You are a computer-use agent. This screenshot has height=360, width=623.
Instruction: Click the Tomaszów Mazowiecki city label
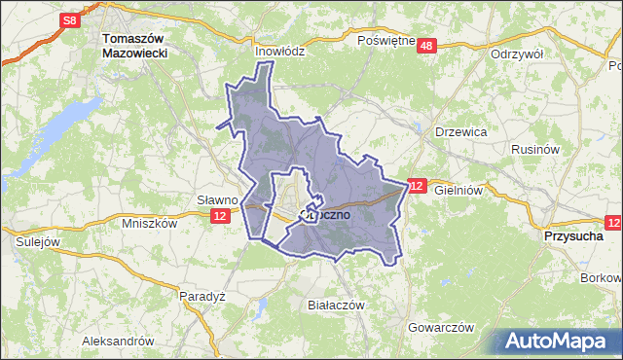coord(135,48)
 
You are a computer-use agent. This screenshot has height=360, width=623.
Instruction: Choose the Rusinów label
coord(534,150)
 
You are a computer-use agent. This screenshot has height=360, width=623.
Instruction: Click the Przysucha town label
coord(571,235)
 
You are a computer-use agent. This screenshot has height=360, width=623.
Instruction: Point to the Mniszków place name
coord(150,222)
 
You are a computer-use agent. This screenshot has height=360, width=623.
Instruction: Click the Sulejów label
coord(37,241)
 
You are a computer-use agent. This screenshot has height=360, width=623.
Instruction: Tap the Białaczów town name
coord(335,305)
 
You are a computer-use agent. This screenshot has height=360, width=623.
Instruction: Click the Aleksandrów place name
coord(119,342)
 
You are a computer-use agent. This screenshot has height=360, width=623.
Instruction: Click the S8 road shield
coord(68,19)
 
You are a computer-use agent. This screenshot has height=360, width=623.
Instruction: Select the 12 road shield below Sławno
coord(222,216)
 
